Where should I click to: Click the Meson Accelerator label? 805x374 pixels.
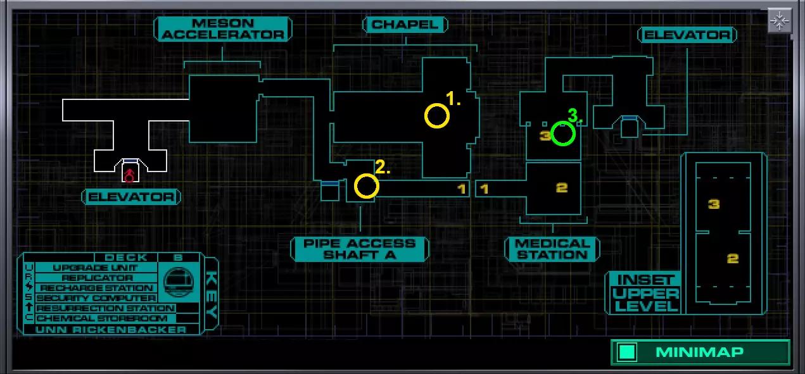[x=223, y=29]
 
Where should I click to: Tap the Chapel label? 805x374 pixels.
[x=405, y=25]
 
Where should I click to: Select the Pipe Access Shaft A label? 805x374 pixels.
[x=359, y=249]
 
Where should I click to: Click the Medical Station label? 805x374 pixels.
[x=552, y=249]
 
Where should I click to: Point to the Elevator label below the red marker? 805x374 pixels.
[x=131, y=197]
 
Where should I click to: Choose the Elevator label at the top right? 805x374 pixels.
[x=687, y=35]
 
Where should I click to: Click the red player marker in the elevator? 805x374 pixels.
[x=129, y=175]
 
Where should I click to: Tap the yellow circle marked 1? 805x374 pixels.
[x=436, y=116]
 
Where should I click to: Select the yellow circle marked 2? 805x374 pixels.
[x=367, y=186]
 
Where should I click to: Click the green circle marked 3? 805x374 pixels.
[x=563, y=134]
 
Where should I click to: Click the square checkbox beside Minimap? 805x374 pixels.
[x=627, y=352]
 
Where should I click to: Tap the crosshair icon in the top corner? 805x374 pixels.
[x=780, y=21]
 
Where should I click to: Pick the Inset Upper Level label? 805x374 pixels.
[x=646, y=293]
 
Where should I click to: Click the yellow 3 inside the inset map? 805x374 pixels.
[x=714, y=204]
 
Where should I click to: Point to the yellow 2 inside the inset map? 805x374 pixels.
[x=733, y=258]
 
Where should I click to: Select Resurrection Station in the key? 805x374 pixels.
[x=105, y=308]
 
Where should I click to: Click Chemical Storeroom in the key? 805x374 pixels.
[x=102, y=318]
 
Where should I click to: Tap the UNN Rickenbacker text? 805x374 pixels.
[x=111, y=330]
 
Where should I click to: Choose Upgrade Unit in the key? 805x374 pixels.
[x=95, y=268]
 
